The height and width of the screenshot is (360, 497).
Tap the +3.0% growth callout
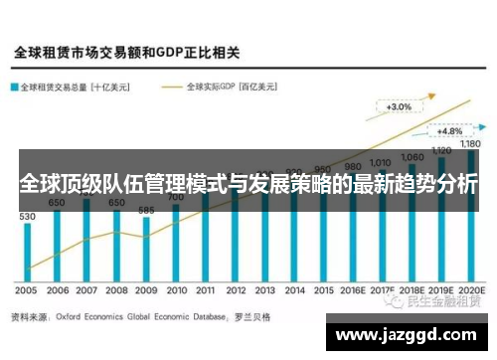coord(400,106)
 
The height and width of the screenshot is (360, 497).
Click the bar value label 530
coord(27,215)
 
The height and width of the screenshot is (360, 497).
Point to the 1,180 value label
coord(470,144)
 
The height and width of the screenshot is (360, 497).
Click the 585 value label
coord(146,210)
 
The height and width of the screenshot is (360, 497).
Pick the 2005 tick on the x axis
coord(27,291)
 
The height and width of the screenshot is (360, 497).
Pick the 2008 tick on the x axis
coord(116,291)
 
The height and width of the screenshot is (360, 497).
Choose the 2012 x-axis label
coord(236,291)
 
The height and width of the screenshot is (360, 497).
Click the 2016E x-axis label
coord(353,291)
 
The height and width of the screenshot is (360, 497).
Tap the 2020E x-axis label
coord(470,291)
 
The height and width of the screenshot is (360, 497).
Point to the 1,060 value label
coord(412,157)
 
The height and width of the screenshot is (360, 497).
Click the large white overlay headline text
coord(248,185)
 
